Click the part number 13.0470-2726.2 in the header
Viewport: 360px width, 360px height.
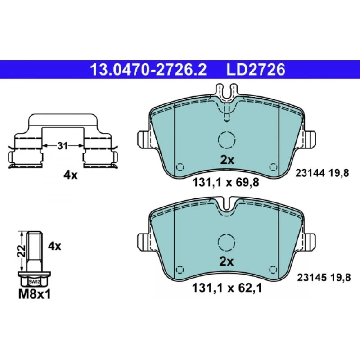tap(148, 70)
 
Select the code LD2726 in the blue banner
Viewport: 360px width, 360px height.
tap(256, 70)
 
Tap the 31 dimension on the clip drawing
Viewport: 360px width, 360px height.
tap(63, 146)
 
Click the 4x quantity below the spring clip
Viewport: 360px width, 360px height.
tap(71, 175)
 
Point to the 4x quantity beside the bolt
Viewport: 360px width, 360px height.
tap(54, 246)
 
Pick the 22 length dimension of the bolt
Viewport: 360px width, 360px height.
tap(21, 251)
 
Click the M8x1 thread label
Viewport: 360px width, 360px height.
tap(35, 294)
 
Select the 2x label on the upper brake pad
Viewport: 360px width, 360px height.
tap(227, 160)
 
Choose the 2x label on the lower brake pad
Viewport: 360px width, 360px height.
tap(227, 261)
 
